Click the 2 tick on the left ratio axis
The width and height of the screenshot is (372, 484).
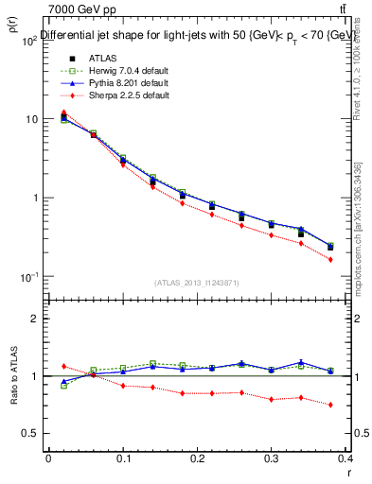35,319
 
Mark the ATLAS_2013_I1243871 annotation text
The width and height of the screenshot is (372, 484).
197,283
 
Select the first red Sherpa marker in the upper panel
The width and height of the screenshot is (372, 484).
63,112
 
